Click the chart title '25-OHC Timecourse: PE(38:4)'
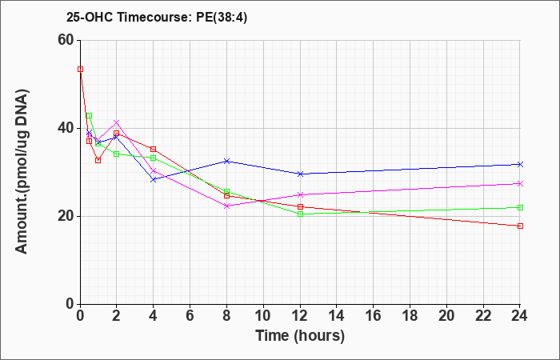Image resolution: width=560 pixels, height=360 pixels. tap(157, 18)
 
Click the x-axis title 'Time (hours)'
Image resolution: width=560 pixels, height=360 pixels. tap(300, 336)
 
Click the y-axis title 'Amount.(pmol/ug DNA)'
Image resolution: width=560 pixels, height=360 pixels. tap(22, 172)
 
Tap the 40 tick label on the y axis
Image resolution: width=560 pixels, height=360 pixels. tap(66, 129)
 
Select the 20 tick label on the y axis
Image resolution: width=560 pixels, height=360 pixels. tap(66, 217)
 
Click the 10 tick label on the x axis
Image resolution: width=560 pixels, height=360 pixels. tap(263, 316)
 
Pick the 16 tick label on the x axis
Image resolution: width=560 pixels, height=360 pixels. tap(374, 316)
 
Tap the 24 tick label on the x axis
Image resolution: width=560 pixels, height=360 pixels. tap(520, 316)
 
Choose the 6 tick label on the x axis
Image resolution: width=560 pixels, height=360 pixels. tap(190, 316)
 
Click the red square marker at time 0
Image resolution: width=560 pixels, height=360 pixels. tap(80, 70)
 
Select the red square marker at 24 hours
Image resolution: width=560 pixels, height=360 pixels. tap(520, 226)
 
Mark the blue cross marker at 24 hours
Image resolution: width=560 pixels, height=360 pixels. tap(520, 164)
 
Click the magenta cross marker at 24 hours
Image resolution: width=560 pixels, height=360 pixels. tap(520, 183)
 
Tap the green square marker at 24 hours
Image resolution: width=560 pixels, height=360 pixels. tap(520, 207)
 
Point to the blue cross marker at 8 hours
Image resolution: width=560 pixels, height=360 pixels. tap(226, 161)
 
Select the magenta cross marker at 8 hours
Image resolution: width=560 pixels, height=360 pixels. tap(226, 206)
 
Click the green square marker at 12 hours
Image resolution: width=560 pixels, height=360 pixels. tap(300, 214)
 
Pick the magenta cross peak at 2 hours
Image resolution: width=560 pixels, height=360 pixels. tap(117, 122)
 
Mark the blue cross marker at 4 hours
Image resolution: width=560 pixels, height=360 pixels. tap(154, 180)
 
